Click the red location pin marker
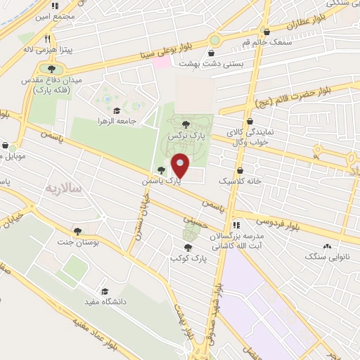(180, 166)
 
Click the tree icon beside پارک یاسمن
(162, 170)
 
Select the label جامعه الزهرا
(136, 121)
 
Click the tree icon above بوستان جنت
(77, 231)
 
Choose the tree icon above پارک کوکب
(187, 247)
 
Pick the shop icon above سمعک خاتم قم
(268, 31)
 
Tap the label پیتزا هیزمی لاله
(29, 51)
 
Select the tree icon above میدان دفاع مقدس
(51, 69)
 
